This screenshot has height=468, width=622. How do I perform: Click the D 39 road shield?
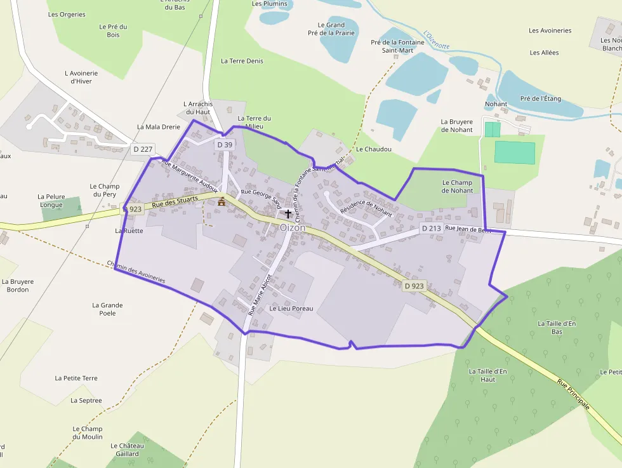pyautogui.click(x=225, y=145)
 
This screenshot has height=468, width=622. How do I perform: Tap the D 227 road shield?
pyautogui.click(x=143, y=149)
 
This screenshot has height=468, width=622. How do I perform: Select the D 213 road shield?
pyautogui.click(x=431, y=228)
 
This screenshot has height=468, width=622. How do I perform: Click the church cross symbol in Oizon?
pyautogui.click(x=289, y=214)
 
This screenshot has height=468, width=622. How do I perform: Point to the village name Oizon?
pyautogui.click(x=293, y=227)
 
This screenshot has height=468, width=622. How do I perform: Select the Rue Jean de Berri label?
pyautogui.click(x=468, y=229)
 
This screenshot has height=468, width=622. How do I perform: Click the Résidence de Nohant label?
pyautogui.click(x=366, y=209)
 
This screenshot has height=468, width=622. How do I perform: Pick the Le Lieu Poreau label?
pyautogui.click(x=291, y=309)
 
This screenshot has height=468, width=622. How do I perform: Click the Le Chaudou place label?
pyautogui.click(x=374, y=149)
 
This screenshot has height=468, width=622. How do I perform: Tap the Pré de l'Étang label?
pyautogui.click(x=541, y=99)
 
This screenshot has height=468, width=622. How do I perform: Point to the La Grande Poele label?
pyautogui.click(x=107, y=309)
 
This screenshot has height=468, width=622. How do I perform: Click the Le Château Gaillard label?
pyautogui.click(x=127, y=450)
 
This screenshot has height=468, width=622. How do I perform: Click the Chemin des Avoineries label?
pyautogui.click(x=136, y=272)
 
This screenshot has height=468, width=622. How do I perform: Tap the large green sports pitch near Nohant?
pyautogui.click(x=515, y=153)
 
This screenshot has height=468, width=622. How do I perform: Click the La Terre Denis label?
pyautogui.click(x=242, y=61)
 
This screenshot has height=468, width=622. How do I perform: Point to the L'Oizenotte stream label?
pyautogui.click(x=437, y=39)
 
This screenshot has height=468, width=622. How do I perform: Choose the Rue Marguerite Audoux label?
pyautogui.click(x=190, y=176)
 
